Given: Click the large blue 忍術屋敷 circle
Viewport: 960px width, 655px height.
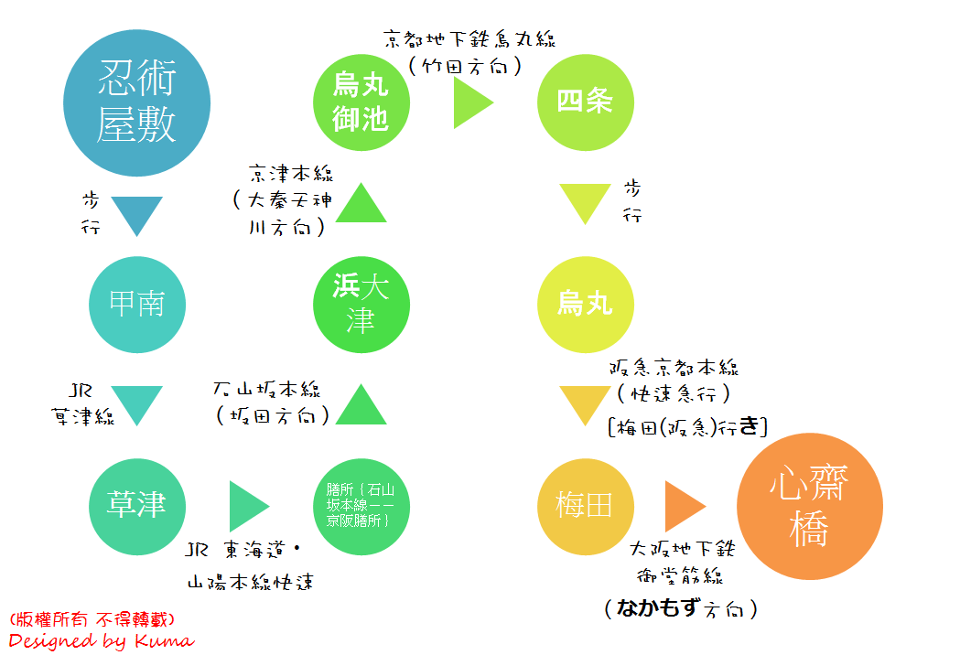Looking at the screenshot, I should pyautogui.click(x=136, y=103).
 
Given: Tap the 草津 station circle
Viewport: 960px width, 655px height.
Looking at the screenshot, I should pyautogui.click(x=136, y=506).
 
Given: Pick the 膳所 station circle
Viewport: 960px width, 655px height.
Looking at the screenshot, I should pyautogui.click(x=361, y=506).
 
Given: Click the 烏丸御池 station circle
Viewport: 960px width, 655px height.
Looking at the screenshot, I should pyautogui.click(x=361, y=102).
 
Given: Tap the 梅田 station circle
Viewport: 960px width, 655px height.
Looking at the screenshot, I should pyautogui.click(x=585, y=506).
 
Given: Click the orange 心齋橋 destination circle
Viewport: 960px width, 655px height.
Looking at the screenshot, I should pyautogui.click(x=810, y=506).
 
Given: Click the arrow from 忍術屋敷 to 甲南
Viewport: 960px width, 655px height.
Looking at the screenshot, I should pyautogui.click(x=136, y=215).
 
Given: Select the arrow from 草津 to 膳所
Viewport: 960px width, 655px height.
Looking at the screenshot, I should pyautogui.click(x=248, y=506).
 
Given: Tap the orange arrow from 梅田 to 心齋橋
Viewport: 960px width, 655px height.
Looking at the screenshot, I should pyautogui.click(x=685, y=506).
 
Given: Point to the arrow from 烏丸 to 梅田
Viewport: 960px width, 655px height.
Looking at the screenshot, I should pyautogui.click(x=585, y=404).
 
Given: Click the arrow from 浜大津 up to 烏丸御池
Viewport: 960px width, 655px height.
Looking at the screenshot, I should pyautogui.click(x=361, y=204).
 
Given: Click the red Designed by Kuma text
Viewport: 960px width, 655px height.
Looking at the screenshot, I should pyautogui.click(x=101, y=640).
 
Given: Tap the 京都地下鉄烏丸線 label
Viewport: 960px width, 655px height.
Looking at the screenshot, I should pyautogui.click(x=469, y=39).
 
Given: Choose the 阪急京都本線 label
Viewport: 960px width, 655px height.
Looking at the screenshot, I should pyautogui.click(x=674, y=369).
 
